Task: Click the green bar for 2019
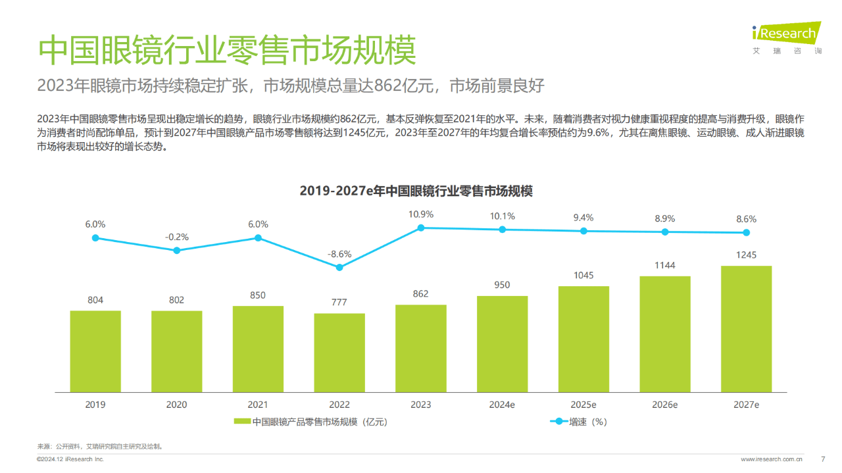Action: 95,351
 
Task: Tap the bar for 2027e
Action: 746,328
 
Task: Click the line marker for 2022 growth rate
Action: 339,267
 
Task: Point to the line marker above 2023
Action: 421,228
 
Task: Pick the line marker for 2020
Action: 176,250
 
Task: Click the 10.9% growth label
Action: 421,214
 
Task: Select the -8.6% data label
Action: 339,253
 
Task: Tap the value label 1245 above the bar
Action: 746,255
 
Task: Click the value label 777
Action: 339,302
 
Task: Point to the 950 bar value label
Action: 502,285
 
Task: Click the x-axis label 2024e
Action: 502,405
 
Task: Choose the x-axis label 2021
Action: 258,405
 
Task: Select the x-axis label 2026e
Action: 665,405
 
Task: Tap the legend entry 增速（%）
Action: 587,422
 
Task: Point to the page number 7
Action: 823,459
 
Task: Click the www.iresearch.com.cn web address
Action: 772,459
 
